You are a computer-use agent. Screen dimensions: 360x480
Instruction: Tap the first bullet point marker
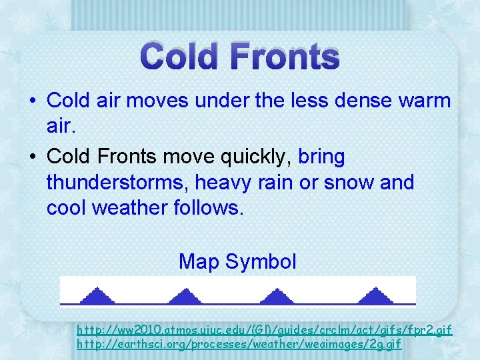tap(32, 101)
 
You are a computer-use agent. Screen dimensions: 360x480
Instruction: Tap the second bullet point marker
tap(32, 157)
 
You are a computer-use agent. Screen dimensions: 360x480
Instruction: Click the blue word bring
tap(321, 157)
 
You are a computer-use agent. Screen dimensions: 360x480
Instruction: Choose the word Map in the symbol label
tap(199, 261)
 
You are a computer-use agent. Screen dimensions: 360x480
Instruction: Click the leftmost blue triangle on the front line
tap(99, 296)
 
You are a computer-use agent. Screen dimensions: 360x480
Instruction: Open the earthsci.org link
tap(239, 344)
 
